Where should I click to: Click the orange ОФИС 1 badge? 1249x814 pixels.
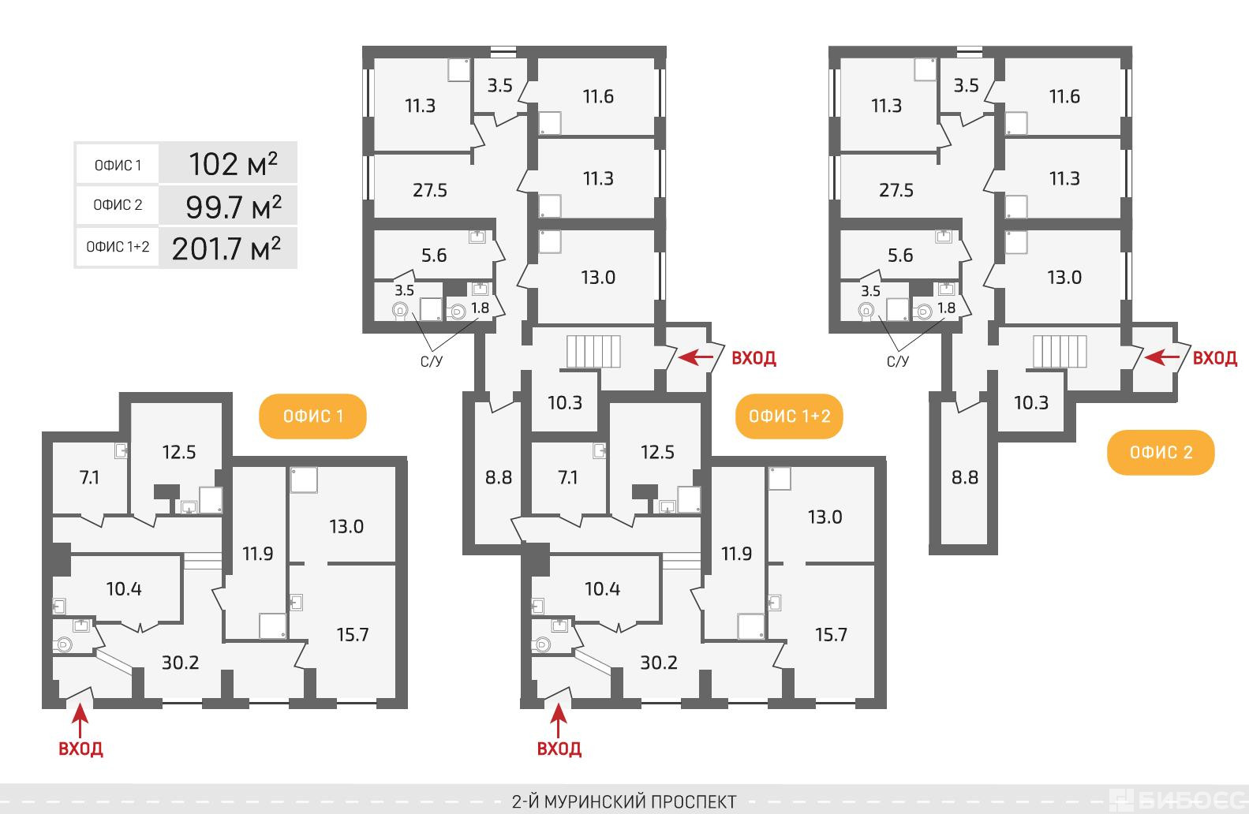(312, 416)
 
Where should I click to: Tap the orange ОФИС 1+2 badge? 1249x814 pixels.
(789, 416)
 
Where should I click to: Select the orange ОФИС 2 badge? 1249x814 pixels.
(1161, 452)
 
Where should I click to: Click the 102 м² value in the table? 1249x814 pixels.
(233, 165)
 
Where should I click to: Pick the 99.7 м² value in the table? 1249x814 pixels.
(234, 207)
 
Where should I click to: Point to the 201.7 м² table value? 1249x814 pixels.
(226, 248)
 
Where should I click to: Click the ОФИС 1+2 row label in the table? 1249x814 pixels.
(118, 246)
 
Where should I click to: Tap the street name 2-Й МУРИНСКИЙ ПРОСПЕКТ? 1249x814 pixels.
(624, 801)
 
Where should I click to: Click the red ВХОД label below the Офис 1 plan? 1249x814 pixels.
(80, 749)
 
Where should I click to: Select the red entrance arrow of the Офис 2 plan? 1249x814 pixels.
(1162, 357)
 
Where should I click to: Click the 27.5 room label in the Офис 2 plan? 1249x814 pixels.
(896, 190)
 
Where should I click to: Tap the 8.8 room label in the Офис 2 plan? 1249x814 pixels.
(965, 477)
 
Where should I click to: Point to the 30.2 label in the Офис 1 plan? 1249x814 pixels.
(180, 663)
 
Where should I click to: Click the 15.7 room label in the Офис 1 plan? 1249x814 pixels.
(353, 634)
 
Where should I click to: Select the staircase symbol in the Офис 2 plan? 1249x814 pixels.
(1060, 351)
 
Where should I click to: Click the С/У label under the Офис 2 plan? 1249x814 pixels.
(898, 361)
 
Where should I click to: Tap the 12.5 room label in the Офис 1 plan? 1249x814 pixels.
(179, 452)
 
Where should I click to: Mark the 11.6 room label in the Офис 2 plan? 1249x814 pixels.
(1064, 96)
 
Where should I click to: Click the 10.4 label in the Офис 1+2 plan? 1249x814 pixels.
(602, 588)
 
